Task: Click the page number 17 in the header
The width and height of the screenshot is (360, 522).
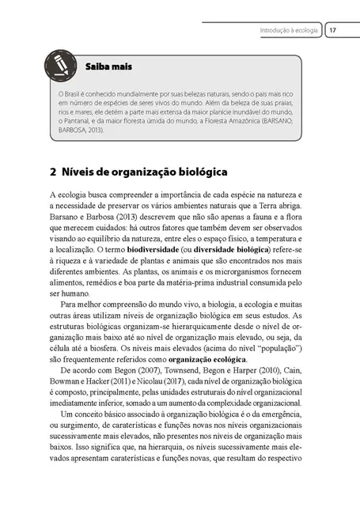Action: click(x=334, y=31)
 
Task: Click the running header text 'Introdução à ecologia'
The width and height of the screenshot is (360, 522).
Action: click(x=290, y=31)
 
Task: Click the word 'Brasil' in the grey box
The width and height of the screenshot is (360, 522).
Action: click(x=78, y=94)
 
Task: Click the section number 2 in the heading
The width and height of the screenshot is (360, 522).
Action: click(x=52, y=172)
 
